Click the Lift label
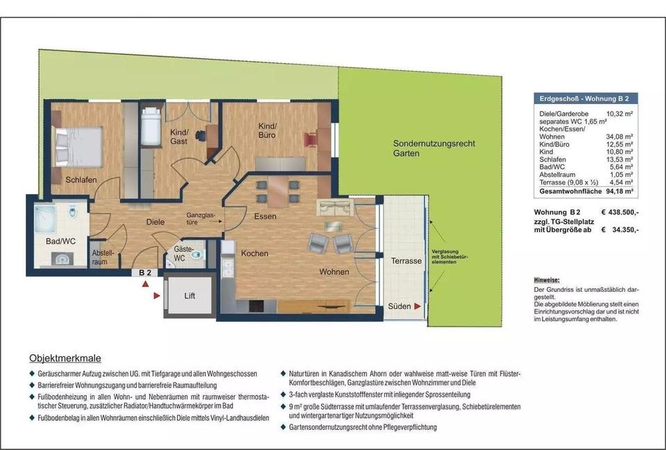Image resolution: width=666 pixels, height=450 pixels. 189,296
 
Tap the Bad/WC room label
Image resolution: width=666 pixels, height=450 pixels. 60,241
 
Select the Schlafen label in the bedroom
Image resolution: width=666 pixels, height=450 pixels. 80,180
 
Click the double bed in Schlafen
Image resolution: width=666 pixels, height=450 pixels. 78,146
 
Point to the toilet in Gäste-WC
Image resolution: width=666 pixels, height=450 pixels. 196,255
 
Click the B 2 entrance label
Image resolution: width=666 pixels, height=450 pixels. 145,273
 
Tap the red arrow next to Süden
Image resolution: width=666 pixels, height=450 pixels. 418,306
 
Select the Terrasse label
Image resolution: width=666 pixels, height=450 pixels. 406,261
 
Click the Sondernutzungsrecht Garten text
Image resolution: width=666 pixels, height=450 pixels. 434,148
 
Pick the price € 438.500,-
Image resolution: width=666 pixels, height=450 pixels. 620,213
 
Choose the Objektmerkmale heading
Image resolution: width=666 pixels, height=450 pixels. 65,358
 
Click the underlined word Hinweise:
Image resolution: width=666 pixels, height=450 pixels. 547,280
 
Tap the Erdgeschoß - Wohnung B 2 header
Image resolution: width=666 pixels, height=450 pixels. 584,98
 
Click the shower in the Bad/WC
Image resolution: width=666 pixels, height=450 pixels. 45,218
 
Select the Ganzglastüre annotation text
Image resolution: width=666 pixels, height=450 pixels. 201,218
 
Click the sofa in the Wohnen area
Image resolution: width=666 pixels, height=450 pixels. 334,207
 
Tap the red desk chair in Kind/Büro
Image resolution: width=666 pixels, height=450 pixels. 311,139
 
